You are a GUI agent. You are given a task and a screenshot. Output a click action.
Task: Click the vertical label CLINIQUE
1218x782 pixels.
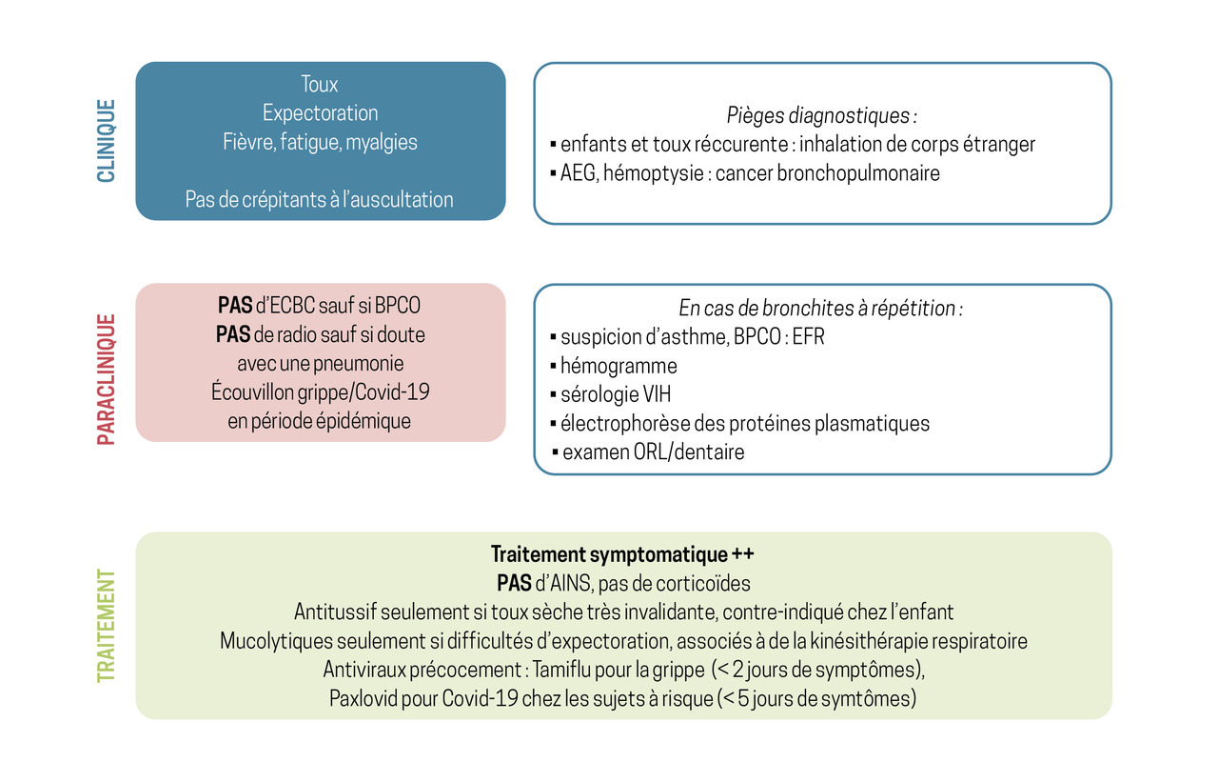click(106, 140)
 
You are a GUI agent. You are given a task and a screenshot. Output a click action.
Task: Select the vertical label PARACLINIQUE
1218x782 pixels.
click(106, 379)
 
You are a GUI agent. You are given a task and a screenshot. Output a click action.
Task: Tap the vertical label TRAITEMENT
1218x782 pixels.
click(106, 625)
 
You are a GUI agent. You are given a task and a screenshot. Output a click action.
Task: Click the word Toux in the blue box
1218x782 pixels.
click(320, 85)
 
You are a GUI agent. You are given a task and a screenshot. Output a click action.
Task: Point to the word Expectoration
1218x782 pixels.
click(321, 113)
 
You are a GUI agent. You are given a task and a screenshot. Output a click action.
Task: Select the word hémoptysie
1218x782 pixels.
click(654, 173)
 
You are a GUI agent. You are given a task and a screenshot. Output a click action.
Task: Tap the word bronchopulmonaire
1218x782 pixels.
click(858, 173)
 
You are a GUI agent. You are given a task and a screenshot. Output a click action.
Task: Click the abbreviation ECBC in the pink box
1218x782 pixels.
click(292, 306)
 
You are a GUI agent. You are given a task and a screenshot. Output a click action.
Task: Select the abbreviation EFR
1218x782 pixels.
click(809, 337)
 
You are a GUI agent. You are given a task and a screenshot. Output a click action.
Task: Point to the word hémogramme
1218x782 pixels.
click(619, 366)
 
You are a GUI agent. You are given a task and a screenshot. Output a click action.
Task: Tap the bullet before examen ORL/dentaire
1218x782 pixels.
click(555, 451)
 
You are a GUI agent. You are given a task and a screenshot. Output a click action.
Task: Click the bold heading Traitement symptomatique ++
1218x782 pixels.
click(622, 554)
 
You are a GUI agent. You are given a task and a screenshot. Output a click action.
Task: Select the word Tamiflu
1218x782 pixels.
click(561, 670)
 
